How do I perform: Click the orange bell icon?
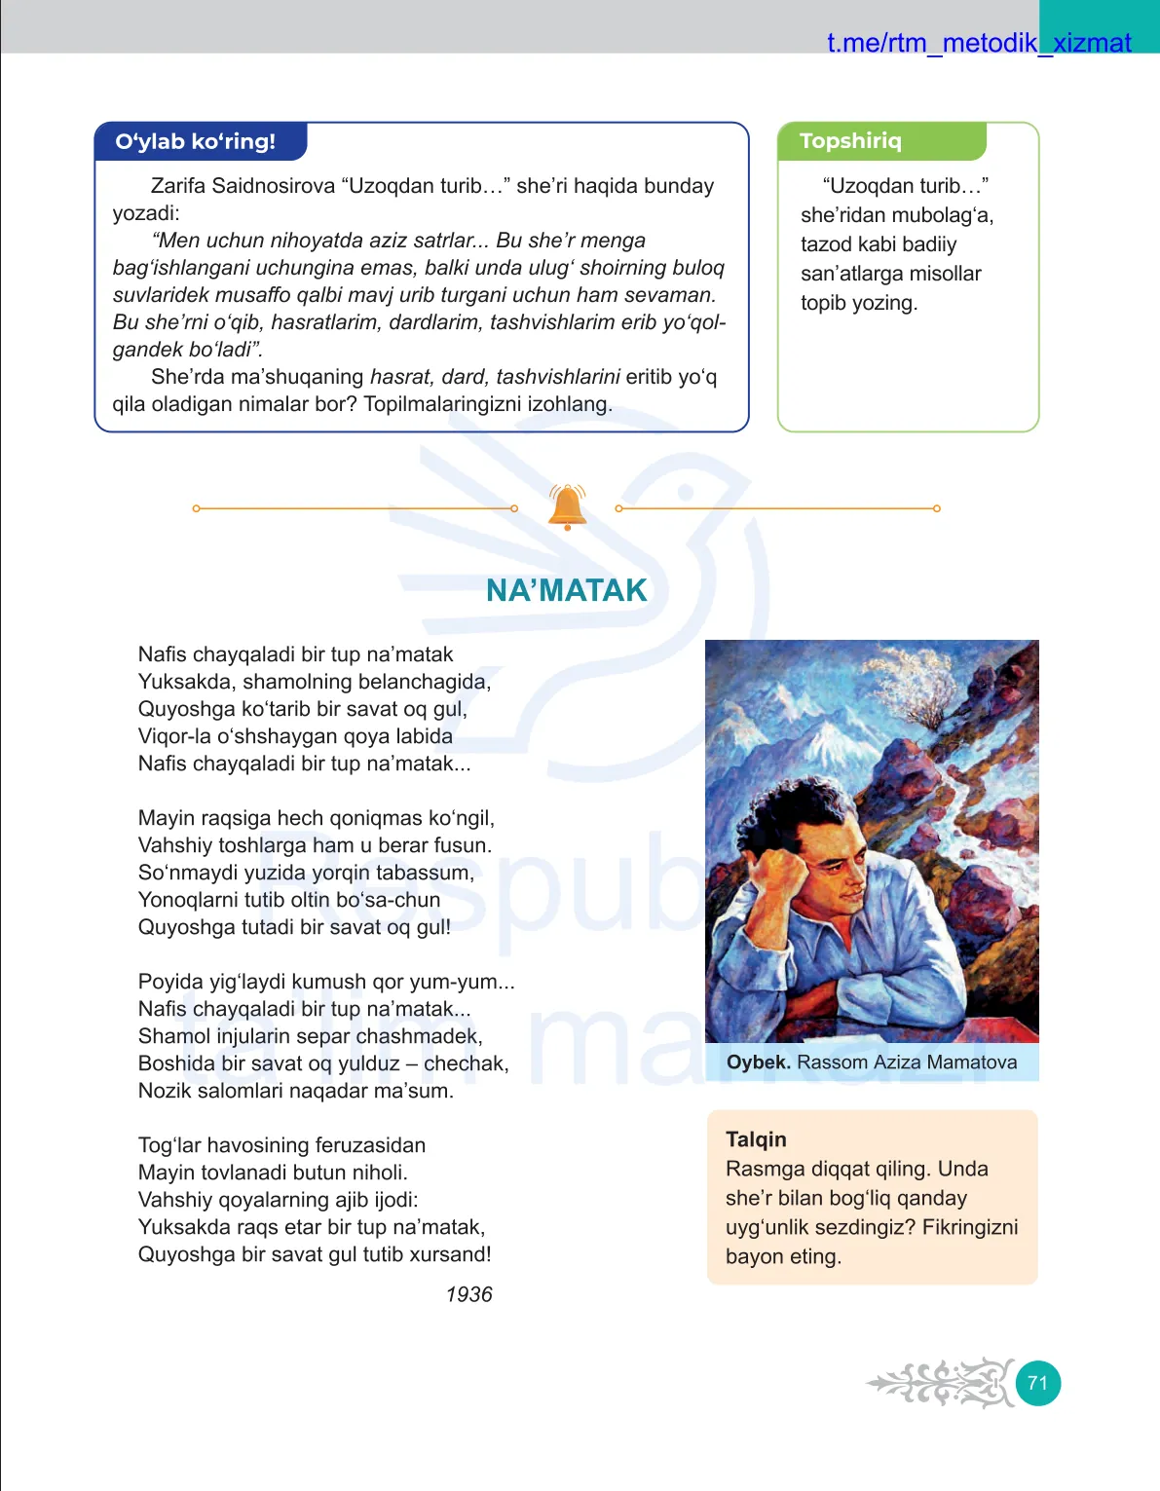(567, 506)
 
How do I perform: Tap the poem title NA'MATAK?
(566, 590)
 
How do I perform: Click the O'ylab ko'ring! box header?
(196, 142)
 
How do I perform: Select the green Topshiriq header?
(850, 141)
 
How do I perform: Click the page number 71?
(1037, 1383)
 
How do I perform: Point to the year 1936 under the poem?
(468, 1294)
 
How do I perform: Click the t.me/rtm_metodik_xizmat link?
(978, 43)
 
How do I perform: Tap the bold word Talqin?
(756, 1139)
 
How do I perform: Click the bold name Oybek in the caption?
(758, 1062)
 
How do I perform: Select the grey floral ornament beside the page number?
(941, 1383)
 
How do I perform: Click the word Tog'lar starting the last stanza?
(169, 1145)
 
